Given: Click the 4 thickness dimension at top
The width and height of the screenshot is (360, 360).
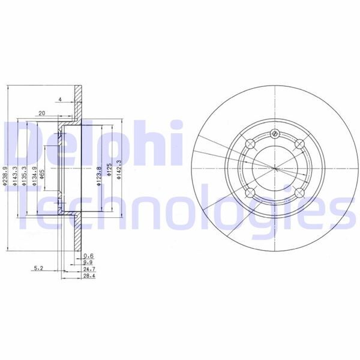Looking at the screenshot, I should click(61, 99).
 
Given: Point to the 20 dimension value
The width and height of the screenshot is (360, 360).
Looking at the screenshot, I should click(41, 112).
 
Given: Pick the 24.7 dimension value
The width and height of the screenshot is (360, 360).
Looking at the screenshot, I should click(88, 269).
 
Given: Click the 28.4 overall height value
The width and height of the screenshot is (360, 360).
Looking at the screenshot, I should click(88, 277).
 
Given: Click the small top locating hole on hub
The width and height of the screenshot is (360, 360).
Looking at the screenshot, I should click(274, 133).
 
